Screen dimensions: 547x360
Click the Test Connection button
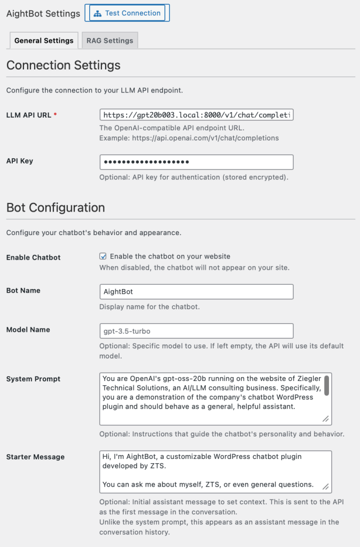[x=127, y=13]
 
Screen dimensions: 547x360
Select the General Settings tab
[x=44, y=41]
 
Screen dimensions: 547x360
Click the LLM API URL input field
[x=196, y=115]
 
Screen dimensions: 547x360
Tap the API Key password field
[x=196, y=162]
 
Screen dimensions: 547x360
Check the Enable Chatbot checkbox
[x=103, y=256]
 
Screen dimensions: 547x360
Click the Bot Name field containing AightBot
[x=196, y=292]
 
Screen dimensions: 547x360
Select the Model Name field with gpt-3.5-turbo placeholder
[x=196, y=331]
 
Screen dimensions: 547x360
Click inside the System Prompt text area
[x=211, y=398]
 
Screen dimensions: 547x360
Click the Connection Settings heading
[x=64, y=65]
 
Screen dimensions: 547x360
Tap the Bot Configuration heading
[x=56, y=207]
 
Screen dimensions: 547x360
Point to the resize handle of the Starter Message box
[x=326, y=487]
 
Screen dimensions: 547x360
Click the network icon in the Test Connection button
[x=97, y=13]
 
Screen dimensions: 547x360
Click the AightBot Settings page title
[x=43, y=13]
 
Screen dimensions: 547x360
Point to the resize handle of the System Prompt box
[x=326, y=419]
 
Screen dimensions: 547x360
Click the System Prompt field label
[x=33, y=379]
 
